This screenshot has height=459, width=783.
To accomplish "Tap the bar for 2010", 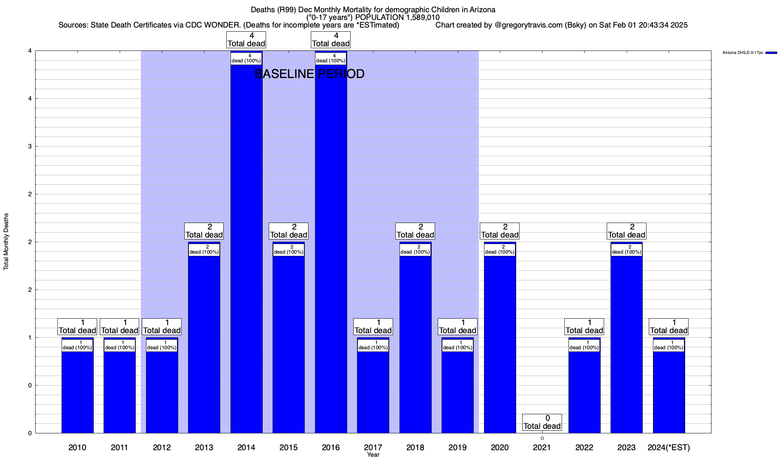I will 77,390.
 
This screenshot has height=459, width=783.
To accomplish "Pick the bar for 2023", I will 626,344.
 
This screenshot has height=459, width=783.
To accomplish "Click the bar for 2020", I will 500,344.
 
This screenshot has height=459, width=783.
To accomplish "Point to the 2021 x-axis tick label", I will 542,447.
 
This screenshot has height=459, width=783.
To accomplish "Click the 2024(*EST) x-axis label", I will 669,447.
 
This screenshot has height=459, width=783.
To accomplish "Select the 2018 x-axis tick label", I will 415,447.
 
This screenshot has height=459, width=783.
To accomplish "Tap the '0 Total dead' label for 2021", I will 542,422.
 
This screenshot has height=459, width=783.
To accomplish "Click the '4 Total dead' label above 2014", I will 246,40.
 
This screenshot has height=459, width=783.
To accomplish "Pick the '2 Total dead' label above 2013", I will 204,231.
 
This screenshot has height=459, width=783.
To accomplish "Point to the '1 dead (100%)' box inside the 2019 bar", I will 457,345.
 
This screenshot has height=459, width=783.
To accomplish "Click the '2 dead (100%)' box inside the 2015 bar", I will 288,249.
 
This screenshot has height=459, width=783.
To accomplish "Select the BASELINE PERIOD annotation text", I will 309,74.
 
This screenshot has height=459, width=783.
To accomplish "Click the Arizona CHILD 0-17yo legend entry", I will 749,53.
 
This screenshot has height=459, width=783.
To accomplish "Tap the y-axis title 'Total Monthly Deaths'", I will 6,242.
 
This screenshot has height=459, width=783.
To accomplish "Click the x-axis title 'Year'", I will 373,455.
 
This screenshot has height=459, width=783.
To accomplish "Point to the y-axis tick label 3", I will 29,146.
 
